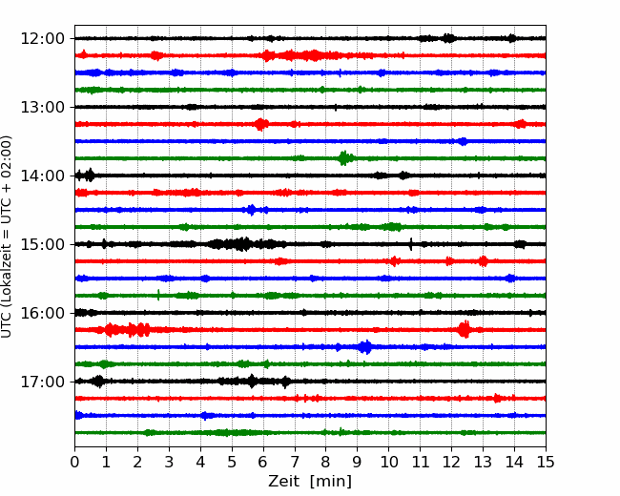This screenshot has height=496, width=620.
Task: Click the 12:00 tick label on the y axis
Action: click(42, 39)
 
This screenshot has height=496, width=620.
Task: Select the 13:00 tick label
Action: click(42, 107)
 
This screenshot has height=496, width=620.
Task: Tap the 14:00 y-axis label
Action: click(42, 176)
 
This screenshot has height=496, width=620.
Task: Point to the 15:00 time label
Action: click(42, 244)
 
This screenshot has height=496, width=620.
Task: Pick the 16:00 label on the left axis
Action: click(42, 313)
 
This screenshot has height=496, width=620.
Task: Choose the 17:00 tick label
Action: click(42, 382)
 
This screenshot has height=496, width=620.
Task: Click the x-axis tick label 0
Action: click(74, 462)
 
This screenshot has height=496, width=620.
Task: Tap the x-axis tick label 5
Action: click(232, 462)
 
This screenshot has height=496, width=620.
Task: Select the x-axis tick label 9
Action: click(358, 462)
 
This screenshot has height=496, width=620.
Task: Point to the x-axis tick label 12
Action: click(451, 462)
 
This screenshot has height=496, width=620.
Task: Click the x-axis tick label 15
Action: click(546, 462)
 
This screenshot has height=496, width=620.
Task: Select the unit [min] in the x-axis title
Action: click(331, 482)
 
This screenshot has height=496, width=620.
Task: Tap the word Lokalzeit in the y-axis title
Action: click(6, 278)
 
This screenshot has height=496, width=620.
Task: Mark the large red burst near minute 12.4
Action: click(465, 329)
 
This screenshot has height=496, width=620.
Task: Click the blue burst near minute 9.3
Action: click(365, 347)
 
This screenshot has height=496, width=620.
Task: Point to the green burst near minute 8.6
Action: click(344, 157)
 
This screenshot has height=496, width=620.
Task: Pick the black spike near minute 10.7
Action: click(411, 244)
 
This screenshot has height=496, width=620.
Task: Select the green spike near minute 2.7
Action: click(158, 295)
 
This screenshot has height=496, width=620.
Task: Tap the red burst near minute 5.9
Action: click(260, 124)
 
